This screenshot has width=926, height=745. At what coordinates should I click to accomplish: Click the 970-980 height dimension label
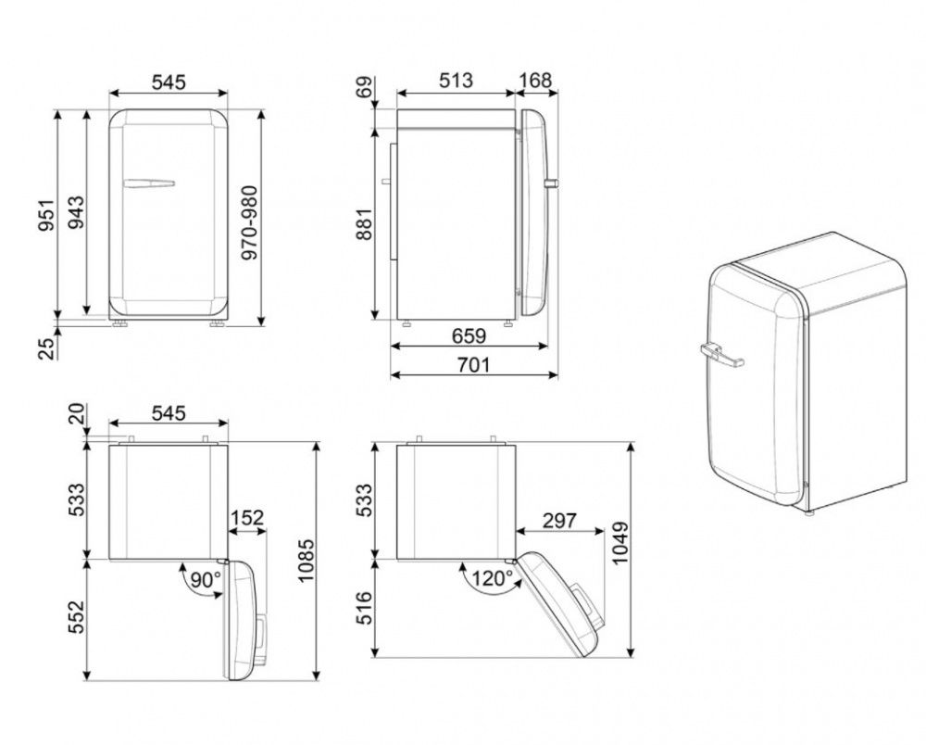(250, 223)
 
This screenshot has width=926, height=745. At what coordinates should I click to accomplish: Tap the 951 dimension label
(46, 215)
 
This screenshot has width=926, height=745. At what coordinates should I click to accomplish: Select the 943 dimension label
(76, 212)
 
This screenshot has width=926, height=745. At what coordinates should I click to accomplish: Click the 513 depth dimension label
(456, 81)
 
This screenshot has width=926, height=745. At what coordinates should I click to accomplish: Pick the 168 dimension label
(536, 81)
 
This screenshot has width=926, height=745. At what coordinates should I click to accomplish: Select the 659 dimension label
(469, 335)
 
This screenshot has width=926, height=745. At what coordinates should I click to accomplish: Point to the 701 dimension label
(473, 364)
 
